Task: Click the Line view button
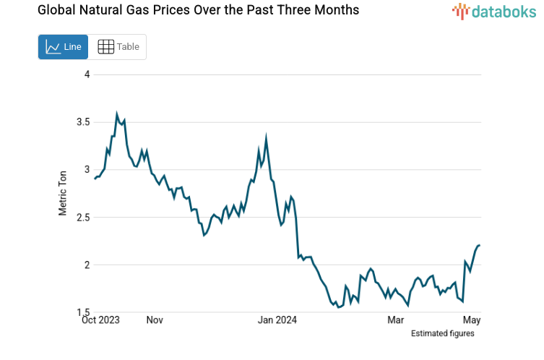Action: point(63,47)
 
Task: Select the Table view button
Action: point(118,47)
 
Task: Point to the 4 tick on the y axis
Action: point(86,74)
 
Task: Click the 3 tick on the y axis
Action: point(86,170)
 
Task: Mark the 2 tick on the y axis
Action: point(86,265)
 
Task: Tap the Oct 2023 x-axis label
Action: point(100,320)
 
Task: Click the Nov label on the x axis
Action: point(155,320)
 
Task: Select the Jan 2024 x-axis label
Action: point(277,320)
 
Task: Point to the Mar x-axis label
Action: point(395,320)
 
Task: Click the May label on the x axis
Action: point(471,320)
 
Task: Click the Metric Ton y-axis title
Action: point(63,193)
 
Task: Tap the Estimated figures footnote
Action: point(442,333)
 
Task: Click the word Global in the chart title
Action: point(36,10)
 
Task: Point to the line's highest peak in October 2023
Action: point(117,113)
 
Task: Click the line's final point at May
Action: point(480,245)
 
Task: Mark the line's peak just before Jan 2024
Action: point(267,136)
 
